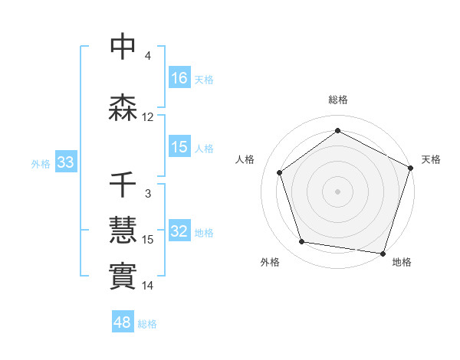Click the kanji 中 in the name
123,47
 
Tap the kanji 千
123,186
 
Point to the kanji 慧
123,229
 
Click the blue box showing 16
180,78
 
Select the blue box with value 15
180,147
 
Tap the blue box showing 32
180,232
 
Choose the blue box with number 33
65,162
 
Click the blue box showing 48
123,322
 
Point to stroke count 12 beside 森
148,117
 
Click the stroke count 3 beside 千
148,194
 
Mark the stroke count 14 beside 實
148,286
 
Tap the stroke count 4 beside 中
148,56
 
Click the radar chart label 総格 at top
338,100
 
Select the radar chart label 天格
431,159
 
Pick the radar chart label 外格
270,262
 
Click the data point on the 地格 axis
383,253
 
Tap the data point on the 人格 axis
280,172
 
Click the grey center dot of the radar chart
338,191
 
